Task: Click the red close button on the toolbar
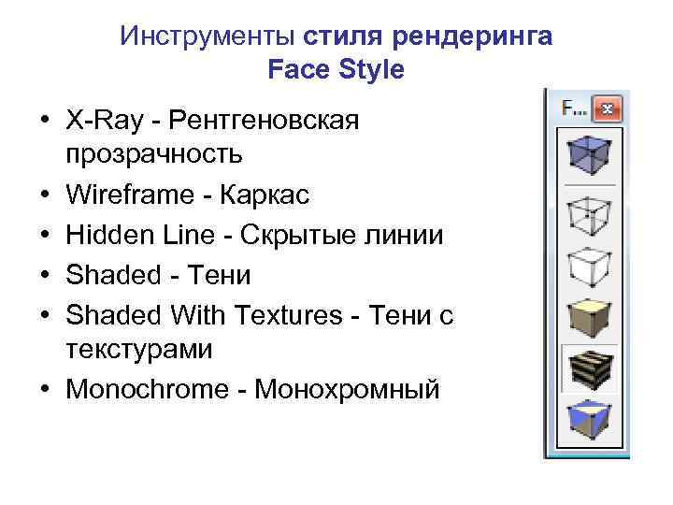[x=607, y=108]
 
